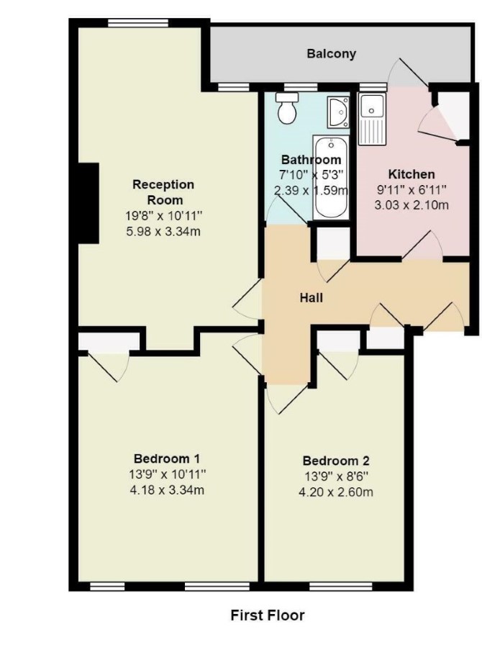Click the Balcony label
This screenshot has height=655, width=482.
tap(331, 54)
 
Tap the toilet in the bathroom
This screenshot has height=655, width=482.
tap(287, 108)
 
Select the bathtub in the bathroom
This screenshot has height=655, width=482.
tap(331, 177)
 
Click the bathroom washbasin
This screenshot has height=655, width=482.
tap(338, 112)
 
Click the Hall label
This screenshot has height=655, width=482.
tap(312, 298)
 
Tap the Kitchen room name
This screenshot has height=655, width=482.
tap(411, 174)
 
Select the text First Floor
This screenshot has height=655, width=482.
tap(268, 615)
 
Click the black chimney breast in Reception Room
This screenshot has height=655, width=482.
tap(88, 203)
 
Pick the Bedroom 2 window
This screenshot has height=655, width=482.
tap(340, 586)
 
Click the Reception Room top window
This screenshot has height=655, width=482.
tap(138, 22)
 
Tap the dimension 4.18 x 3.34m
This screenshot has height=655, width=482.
tap(167, 489)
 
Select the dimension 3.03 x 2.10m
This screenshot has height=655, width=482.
tap(411, 205)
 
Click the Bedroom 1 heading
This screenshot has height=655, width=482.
tap(167, 458)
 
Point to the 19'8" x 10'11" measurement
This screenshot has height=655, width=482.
tap(164, 215)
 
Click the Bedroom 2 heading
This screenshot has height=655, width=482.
tap(336, 461)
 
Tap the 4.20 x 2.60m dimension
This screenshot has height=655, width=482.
tap(336, 492)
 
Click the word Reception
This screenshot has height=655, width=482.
tap(163, 184)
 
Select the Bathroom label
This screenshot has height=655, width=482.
tap(312, 160)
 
